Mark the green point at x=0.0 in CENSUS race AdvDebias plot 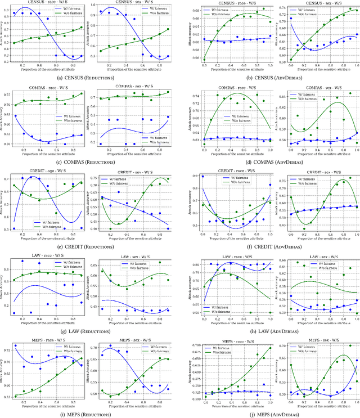(x=204, y=60)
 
